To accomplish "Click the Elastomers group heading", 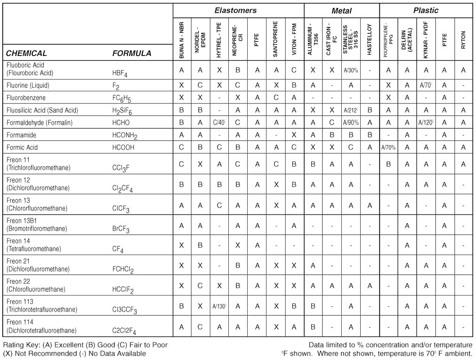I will pos(235,10).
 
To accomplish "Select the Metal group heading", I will pos(341,10).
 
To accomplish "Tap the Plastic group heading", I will pos(426,10).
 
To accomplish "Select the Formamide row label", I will pos(22,135).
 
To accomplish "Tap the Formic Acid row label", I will pos(22,147).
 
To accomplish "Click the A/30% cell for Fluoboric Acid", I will pos(351,70).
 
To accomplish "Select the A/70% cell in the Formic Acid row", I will pos(388,147).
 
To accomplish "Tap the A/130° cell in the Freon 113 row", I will pos(219,306).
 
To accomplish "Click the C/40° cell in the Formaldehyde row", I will pos(219,122).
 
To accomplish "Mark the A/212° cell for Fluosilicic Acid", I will pos(351,110).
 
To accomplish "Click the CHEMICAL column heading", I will pos(26,53).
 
